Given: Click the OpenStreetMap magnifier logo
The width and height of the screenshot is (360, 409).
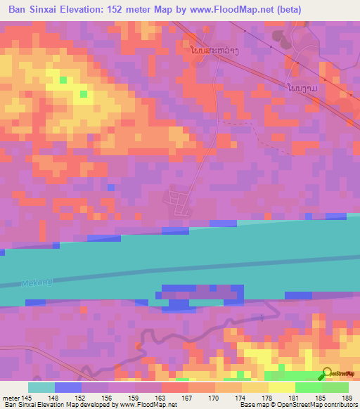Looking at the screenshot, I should point(328,373).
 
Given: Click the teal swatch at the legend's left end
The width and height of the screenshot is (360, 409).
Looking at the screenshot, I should point(41,387).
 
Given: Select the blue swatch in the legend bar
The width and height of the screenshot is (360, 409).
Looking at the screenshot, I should point(68,387).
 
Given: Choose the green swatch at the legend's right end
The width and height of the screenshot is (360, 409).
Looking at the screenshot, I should point(335,387).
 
